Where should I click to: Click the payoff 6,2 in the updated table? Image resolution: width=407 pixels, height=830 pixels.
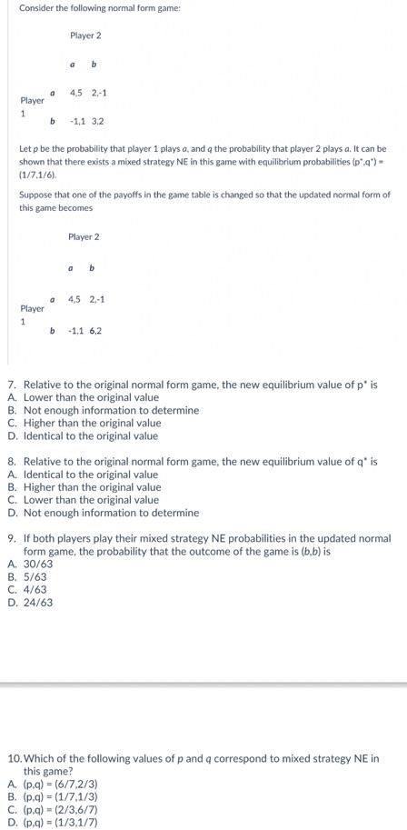pyautogui.click(x=95, y=331)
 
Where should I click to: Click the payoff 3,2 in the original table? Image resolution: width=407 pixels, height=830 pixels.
pyautogui.click(x=95, y=121)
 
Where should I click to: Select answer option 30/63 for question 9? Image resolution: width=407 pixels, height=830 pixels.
pyautogui.click(x=38, y=564)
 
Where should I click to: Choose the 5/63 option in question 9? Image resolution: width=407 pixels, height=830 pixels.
pyautogui.click(x=35, y=576)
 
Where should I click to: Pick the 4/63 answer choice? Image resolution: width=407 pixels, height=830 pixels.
pyautogui.click(x=35, y=589)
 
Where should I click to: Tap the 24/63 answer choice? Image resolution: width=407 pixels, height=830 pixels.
pyautogui.click(x=38, y=602)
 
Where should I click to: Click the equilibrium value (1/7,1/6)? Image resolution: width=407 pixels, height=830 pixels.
pyautogui.click(x=38, y=173)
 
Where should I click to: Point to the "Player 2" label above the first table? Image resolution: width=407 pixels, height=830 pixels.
pyautogui.click(x=85, y=35)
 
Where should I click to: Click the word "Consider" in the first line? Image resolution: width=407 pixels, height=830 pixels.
pyautogui.click(x=36, y=8)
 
